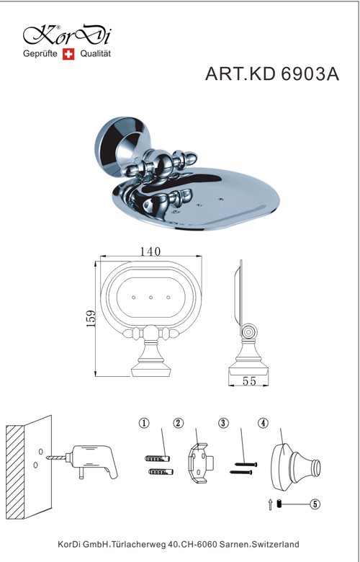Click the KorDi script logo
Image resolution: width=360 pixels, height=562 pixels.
68,35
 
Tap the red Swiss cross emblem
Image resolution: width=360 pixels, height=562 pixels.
68,54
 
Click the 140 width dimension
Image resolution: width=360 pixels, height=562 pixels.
150,251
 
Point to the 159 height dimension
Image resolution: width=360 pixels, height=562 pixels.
91,318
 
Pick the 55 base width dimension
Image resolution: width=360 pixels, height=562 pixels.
249,381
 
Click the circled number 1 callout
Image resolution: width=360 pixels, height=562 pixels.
144,423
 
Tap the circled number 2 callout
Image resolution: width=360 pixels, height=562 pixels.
178,423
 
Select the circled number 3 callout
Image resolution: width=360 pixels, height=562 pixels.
223,423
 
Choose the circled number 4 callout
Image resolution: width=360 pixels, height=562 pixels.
263,423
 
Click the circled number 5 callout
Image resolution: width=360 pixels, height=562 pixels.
315,504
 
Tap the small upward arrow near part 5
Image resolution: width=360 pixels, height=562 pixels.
271,505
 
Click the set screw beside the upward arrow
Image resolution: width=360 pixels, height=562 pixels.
279,504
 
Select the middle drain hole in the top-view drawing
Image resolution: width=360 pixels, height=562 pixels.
150,297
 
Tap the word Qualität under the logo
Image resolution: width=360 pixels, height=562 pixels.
95,54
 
